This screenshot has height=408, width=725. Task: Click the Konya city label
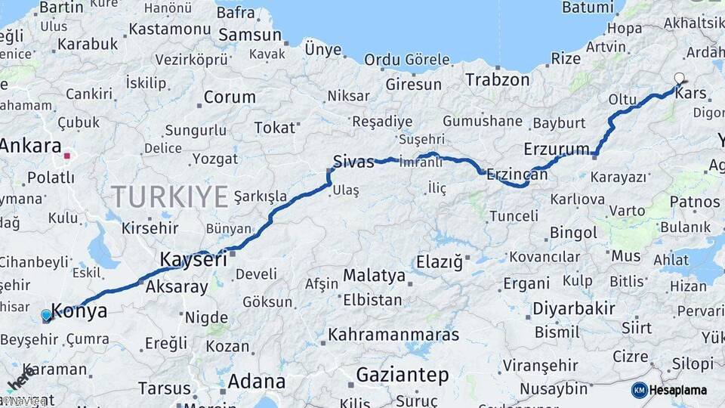[79, 311]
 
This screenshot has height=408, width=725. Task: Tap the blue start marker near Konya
[47, 315]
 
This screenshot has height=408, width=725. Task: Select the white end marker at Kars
[679, 78]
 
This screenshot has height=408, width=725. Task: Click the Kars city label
[690, 94]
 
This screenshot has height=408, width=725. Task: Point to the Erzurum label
[555, 148]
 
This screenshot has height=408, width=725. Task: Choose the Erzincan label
[517, 174]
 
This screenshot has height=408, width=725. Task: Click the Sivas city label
[353, 161]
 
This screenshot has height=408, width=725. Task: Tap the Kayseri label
[193, 259]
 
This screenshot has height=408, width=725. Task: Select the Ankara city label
[31, 146]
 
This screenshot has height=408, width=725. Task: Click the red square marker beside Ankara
[67, 156]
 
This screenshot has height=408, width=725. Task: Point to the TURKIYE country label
[170, 197]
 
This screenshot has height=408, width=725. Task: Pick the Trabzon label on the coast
[498, 79]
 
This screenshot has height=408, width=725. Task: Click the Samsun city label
[250, 35]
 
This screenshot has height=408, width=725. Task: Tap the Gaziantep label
[402, 375]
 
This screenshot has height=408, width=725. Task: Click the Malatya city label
[375, 276]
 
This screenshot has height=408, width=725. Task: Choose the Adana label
[257, 380]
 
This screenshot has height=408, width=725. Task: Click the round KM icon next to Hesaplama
[639, 390]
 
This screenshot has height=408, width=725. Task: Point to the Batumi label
[588, 8]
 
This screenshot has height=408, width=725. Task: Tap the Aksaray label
[176, 286]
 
